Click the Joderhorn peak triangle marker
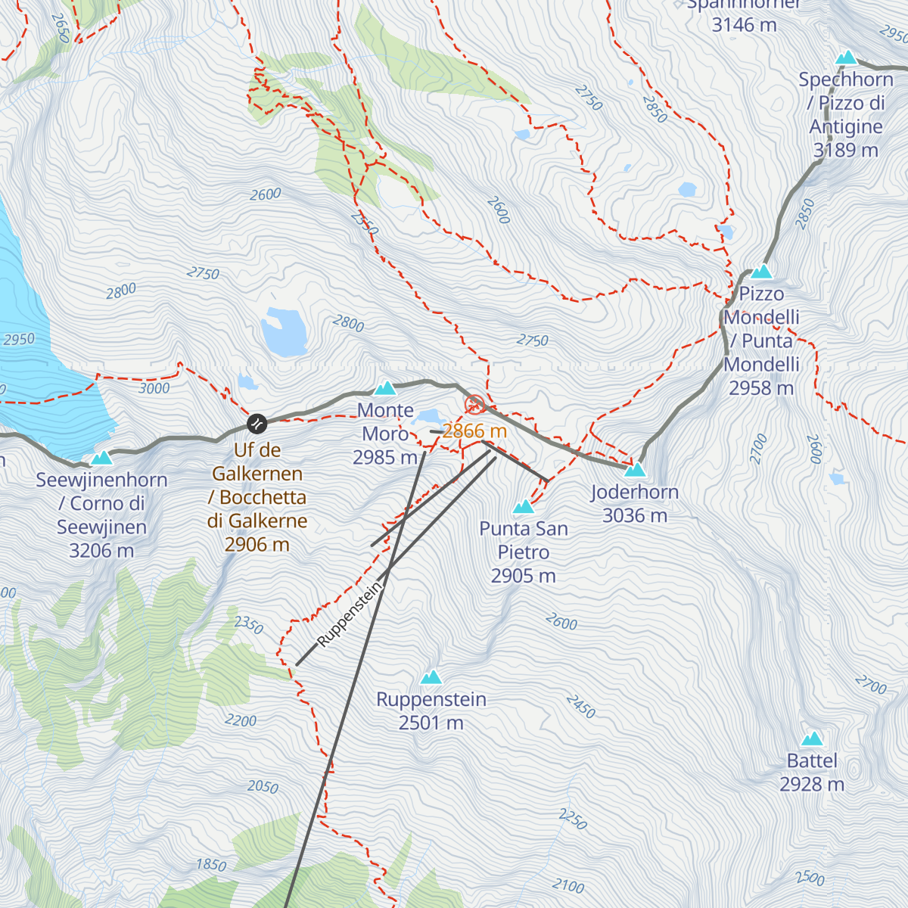tap(635, 470)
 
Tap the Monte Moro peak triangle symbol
tap(385, 389)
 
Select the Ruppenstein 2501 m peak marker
tap(431, 677)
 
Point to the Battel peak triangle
tap(812, 739)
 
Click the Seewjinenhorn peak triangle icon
tap(101, 458)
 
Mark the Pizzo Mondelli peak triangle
tap(761, 272)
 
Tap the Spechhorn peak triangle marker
tap(846, 58)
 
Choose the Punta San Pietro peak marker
tap(524, 507)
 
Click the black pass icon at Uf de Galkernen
tap(257, 423)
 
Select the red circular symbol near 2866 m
tap(474, 405)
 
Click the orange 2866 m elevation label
tap(474, 431)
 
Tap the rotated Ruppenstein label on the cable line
tap(350, 614)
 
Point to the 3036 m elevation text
tap(635, 516)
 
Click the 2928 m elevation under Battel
tap(812, 785)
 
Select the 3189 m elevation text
tap(845, 151)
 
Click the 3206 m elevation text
tap(101, 551)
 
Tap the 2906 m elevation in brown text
tap(257, 545)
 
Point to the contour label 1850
tap(211, 865)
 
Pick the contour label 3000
tap(154, 388)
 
